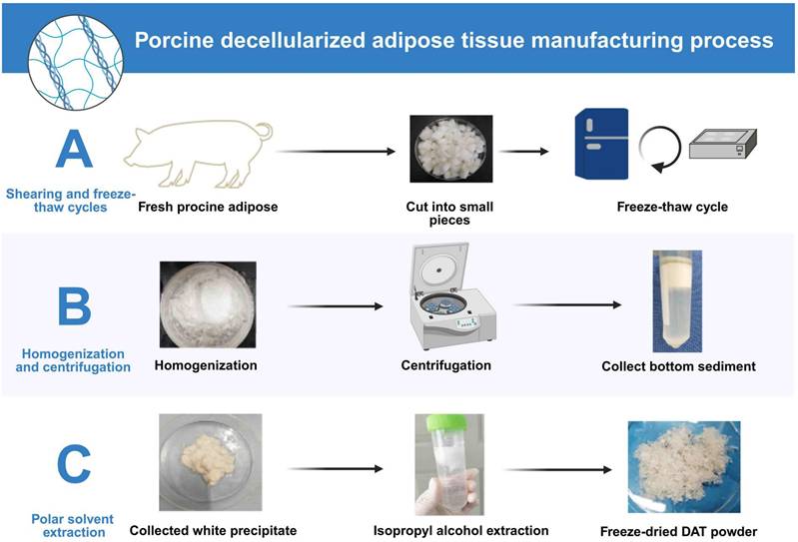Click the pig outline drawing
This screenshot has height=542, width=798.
tap(195, 155)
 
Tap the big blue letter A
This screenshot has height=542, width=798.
tap(75, 147)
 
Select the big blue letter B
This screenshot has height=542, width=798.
tap(73, 306)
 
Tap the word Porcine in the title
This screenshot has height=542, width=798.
tap(183, 41)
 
